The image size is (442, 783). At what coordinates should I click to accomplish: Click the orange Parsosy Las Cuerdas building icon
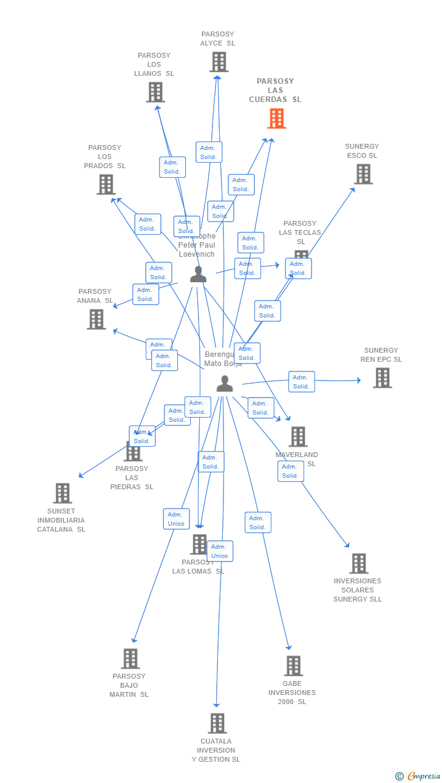coord(277,118)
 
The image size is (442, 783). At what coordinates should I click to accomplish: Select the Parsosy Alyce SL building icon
coord(219,62)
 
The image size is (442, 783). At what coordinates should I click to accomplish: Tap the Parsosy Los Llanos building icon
coord(155,92)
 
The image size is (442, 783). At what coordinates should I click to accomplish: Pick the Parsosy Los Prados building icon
coord(106,185)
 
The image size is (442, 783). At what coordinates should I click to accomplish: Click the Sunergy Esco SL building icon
coord(363,174)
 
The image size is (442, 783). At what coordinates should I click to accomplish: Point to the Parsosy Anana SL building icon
coord(96,319)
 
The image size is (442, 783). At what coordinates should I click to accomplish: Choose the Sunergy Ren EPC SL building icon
coord(382,378)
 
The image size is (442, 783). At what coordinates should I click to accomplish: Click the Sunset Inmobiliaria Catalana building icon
coord(63,493)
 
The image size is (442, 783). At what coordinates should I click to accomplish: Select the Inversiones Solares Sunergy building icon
coord(359,563)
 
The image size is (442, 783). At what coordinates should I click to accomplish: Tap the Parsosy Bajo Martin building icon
coord(130,659)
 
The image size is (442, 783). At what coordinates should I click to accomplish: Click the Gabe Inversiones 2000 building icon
coord(293,666)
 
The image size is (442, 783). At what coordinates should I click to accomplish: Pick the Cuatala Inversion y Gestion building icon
coord(217,724)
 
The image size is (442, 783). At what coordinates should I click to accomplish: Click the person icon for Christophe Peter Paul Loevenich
coord(198,274)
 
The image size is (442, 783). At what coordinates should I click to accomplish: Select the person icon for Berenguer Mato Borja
coord(225,384)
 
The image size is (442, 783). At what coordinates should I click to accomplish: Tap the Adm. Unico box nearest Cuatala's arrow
coord(219,551)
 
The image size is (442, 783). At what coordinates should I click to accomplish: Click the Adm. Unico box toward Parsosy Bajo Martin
coord(176,519)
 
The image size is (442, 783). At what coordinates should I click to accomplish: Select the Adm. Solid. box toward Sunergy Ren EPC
coord(301,382)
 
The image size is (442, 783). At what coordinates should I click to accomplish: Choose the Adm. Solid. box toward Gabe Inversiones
coord(257,523)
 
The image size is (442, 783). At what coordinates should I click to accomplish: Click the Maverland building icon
coord(297,436)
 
